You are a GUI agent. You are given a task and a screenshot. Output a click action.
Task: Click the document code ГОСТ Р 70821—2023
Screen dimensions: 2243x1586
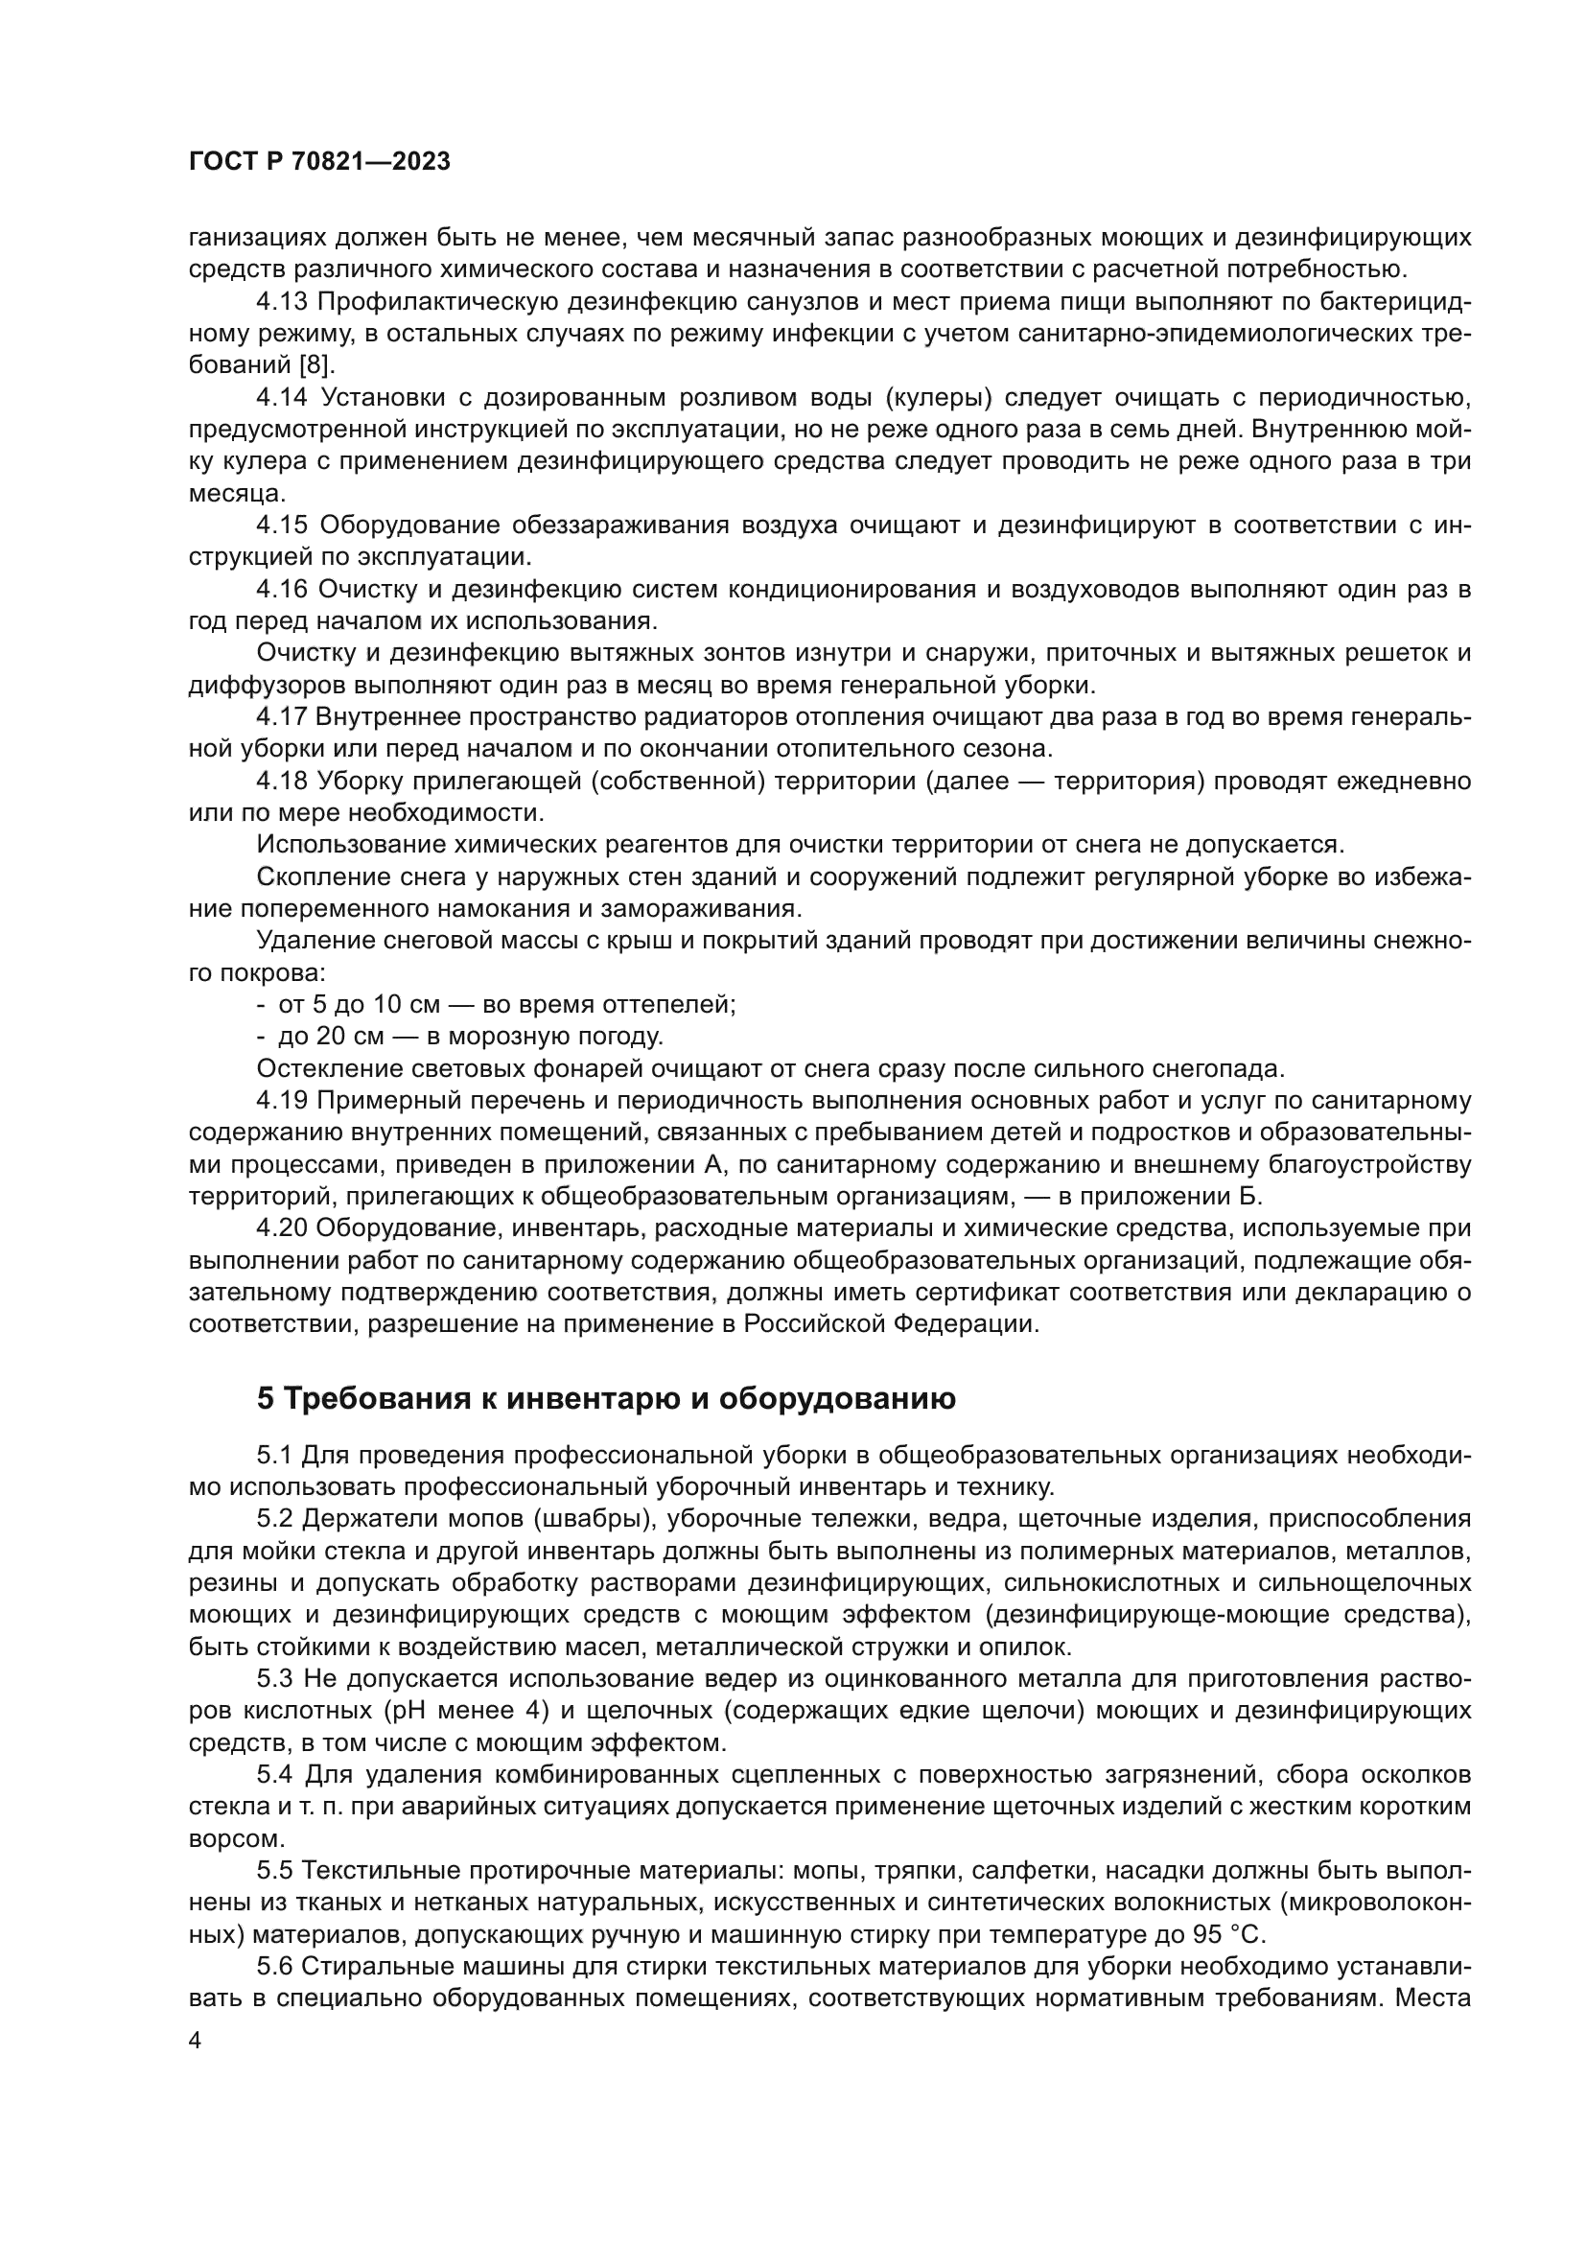click(319, 162)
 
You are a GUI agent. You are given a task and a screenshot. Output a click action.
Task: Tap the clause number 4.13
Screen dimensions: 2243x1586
click(281, 302)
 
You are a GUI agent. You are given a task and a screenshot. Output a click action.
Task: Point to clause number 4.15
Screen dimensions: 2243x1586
click(281, 526)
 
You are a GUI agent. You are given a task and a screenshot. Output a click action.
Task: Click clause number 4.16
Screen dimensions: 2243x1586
click(281, 589)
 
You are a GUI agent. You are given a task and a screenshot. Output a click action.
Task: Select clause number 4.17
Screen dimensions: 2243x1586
click(281, 717)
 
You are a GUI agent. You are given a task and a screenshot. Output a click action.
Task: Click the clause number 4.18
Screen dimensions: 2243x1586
click(281, 781)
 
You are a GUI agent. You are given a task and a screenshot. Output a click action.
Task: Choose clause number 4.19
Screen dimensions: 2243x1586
click(281, 1100)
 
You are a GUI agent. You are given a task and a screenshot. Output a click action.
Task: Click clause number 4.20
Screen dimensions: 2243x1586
click(281, 1228)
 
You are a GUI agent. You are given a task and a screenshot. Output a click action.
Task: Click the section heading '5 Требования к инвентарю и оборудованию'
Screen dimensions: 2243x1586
click(605, 1399)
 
